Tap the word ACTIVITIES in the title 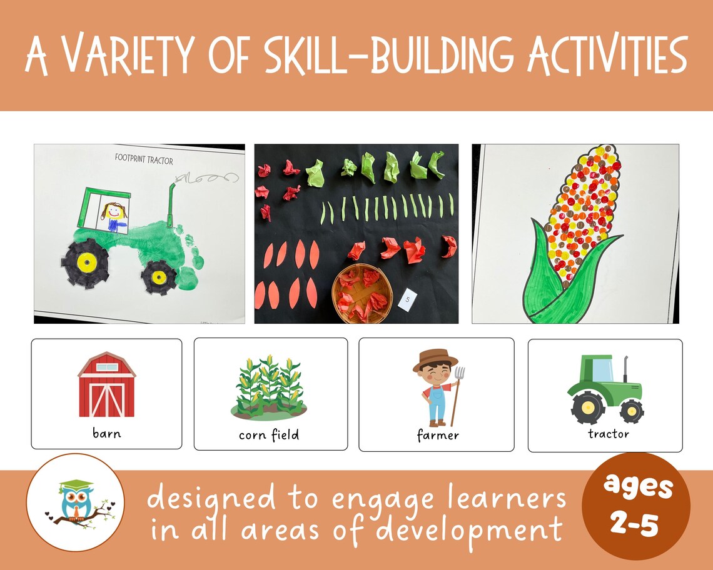tap(607, 55)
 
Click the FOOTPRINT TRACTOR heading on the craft tap(144, 159)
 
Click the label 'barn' tap(106, 432)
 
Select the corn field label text tap(269, 434)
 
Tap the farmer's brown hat tap(435, 360)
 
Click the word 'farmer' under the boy tap(438, 434)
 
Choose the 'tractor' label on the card tap(608, 433)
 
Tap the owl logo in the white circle tap(76, 502)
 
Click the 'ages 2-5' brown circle tap(635, 506)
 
